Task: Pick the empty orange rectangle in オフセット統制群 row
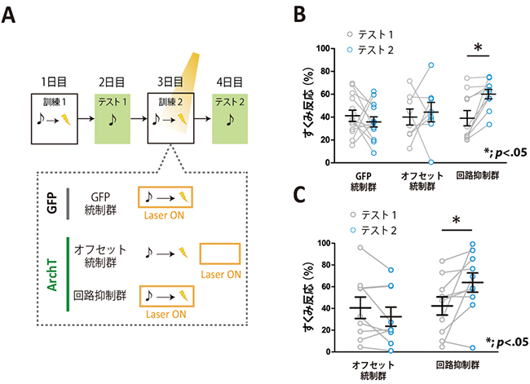[221, 254]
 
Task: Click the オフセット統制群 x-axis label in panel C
[375, 369]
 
